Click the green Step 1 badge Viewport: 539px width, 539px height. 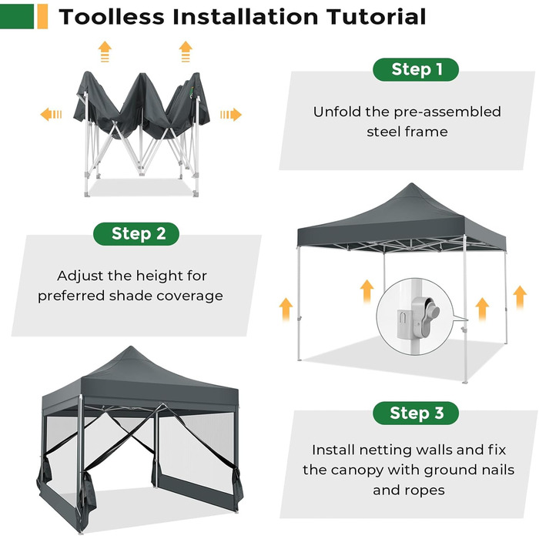(416, 70)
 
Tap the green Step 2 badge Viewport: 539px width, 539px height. (136, 234)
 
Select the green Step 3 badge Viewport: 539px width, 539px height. (416, 413)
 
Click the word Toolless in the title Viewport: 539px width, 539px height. (112, 17)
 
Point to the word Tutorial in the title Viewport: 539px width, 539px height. (376, 17)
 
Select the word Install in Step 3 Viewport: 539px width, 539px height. (333, 450)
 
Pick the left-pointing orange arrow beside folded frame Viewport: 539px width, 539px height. (51, 115)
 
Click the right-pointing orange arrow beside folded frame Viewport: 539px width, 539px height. (231, 115)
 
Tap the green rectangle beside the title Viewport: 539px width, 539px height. (17, 16)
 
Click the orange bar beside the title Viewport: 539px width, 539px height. (42, 16)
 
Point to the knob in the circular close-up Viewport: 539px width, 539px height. (433, 310)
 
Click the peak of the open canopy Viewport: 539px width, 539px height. (411, 184)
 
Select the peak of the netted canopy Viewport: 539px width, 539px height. (131, 347)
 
